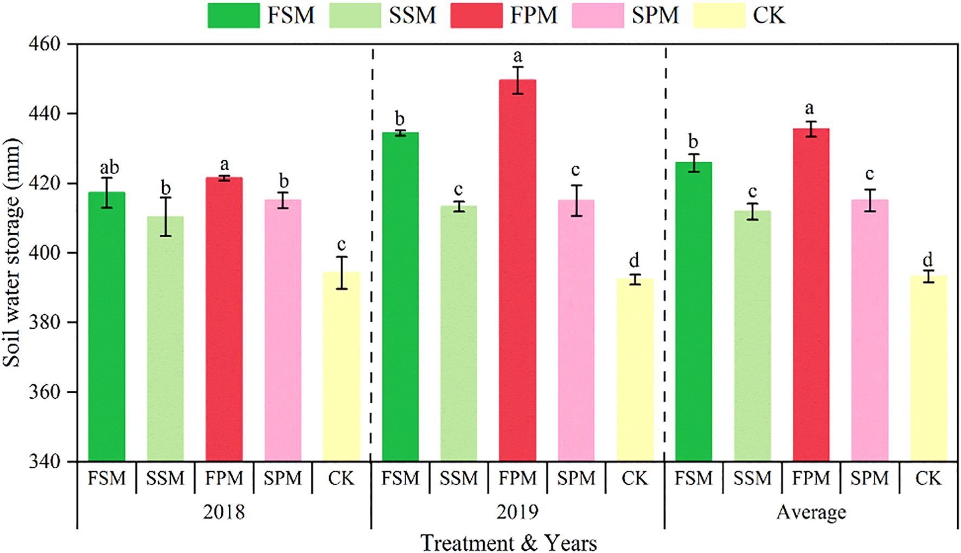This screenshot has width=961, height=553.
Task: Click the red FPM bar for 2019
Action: click(517, 271)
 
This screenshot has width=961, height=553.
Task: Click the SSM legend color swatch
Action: click(355, 15)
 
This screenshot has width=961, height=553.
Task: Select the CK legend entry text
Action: click(768, 15)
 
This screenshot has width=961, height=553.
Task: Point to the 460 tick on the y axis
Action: click(44, 44)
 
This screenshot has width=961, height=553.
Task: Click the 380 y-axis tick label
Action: click(44, 323)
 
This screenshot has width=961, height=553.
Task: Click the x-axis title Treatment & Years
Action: click(508, 543)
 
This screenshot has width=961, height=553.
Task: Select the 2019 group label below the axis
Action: click(517, 512)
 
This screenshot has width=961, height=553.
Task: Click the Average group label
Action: click(811, 512)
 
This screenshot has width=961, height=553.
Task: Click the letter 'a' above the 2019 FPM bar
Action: click(517, 56)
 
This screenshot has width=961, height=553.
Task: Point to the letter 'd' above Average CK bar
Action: click(928, 259)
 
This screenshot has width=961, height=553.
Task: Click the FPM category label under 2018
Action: click(224, 478)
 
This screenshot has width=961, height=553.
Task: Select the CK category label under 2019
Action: click(635, 478)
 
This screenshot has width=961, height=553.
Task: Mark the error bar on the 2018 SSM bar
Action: click(165, 216)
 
